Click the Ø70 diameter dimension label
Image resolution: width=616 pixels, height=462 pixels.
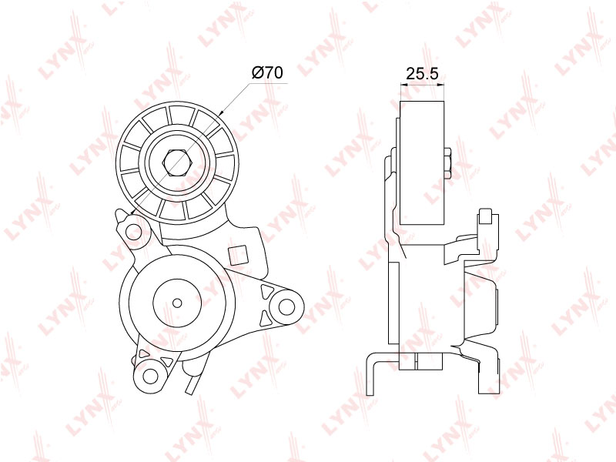(x=266, y=72)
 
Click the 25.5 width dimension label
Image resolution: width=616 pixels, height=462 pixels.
(x=422, y=73)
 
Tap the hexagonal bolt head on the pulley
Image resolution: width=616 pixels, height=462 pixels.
(x=176, y=162)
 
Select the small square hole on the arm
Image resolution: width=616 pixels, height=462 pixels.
(x=238, y=255)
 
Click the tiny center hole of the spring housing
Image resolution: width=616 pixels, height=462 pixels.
(x=177, y=303)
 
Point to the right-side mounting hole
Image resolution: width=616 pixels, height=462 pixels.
(x=286, y=306)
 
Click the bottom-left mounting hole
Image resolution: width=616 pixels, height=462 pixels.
(x=149, y=376)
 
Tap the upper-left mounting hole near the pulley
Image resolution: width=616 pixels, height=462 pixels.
(x=132, y=233)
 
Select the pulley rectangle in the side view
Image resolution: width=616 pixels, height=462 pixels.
(x=422, y=163)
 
